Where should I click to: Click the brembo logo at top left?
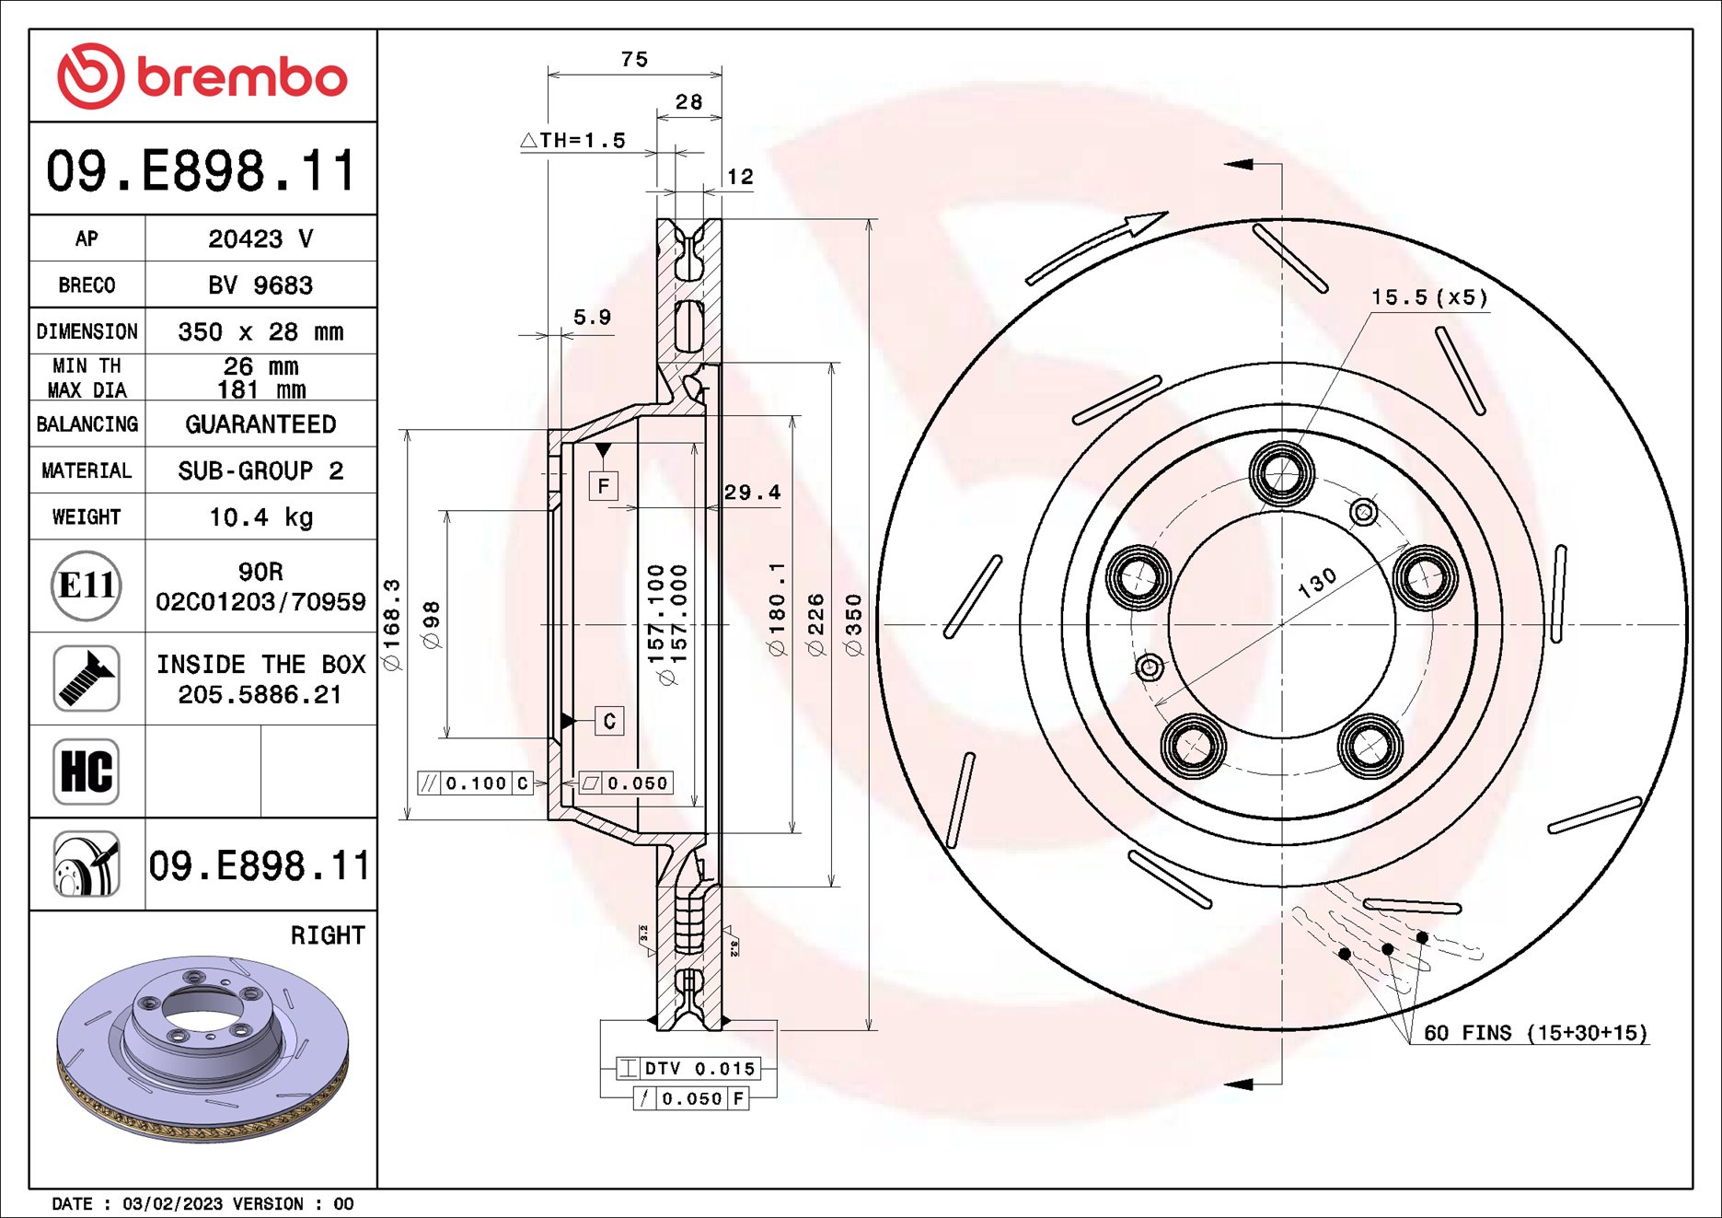(x=202, y=75)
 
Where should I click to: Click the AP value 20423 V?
(x=260, y=239)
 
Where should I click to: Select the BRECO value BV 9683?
(x=260, y=285)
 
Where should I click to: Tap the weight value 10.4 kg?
(x=260, y=517)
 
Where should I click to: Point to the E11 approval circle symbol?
(x=86, y=586)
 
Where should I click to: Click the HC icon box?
(x=86, y=771)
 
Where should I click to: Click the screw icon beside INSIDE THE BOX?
(x=86, y=679)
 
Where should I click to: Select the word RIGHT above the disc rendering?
(x=328, y=935)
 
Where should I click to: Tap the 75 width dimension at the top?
(x=634, y=60)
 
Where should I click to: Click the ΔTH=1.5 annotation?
(x=573, y=141)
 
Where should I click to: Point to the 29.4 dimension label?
(x=752, y=493)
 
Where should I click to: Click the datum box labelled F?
(x=604, y=485)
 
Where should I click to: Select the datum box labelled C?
(x=609, y=721)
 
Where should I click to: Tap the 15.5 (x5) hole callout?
(x=1428, y=297)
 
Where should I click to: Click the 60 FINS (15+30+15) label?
(x=1535, y=1033)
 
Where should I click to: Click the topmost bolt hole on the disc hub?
(x=1281, y=473)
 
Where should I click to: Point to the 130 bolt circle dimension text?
(x=1317, y=583)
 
